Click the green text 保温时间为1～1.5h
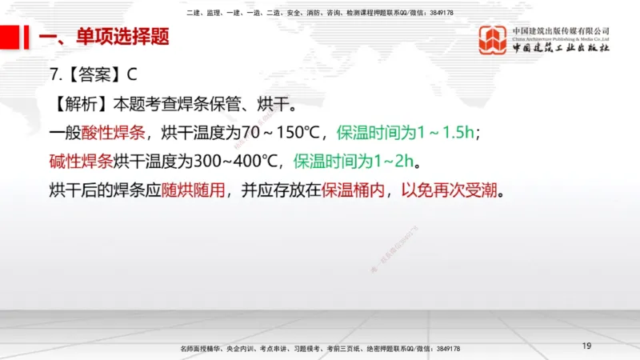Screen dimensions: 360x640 [408, 133]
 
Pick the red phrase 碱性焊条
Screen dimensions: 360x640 [81, 162]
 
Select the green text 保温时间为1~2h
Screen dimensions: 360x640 [354, 162]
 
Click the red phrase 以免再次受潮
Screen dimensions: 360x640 [448, 191]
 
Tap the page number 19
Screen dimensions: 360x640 [586, 346]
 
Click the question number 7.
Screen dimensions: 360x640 [54, 74]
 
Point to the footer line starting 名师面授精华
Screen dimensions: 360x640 [320, 350]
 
